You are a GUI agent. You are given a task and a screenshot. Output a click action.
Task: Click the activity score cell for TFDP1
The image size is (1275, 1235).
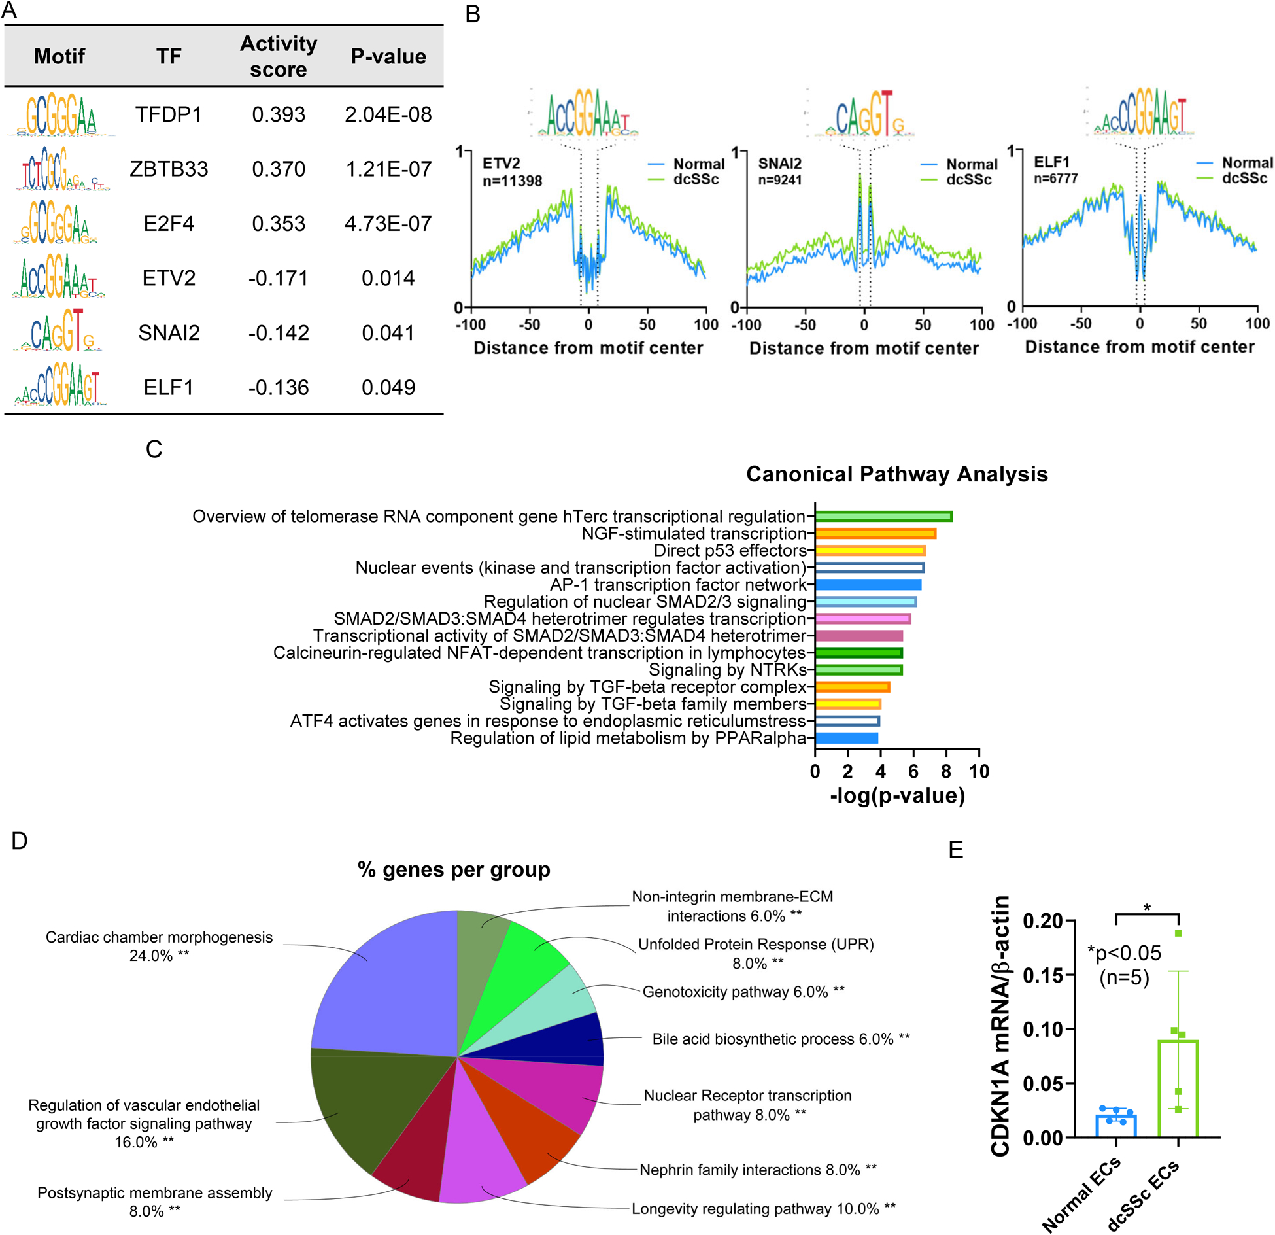(x=279, y=114)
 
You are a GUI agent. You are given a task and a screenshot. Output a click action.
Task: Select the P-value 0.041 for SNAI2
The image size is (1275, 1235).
(x=388, y=333)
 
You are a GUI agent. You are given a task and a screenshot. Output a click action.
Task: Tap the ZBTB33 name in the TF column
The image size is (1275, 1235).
(x=169, y=169)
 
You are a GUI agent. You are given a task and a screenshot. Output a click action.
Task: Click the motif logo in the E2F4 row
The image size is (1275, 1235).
(x=57, y=223)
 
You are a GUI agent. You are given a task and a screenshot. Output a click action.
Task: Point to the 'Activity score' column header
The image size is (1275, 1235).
(x=279, y=56)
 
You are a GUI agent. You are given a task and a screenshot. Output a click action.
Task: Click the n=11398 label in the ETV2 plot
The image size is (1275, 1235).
(x=512, y=181)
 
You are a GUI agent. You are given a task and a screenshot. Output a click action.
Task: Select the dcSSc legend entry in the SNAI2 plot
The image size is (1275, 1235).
(x=968, y=180)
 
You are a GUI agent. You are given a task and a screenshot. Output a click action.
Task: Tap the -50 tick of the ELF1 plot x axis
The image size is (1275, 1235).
(x=1080, y=323)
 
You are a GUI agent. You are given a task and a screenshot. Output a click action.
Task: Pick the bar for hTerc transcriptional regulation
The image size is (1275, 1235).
(x=883, y=516)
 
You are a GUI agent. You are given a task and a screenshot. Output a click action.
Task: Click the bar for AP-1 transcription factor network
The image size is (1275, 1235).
(x=868, y=585)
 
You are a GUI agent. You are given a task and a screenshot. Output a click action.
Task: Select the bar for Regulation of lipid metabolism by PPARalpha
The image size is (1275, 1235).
(x=846, y=738)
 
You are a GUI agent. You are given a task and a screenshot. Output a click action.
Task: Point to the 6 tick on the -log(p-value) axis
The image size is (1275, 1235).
(x=913, y=771)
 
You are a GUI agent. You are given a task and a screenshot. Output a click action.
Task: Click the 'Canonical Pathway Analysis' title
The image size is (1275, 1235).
(x=896, y=474)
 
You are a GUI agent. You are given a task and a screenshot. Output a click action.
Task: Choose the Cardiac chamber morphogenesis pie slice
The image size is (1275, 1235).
(x=386, y=981)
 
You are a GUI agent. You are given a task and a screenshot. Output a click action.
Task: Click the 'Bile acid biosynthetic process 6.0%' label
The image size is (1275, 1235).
(x=781, y=1039)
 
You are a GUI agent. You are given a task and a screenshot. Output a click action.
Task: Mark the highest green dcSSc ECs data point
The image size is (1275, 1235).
(x=1178, y=933)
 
